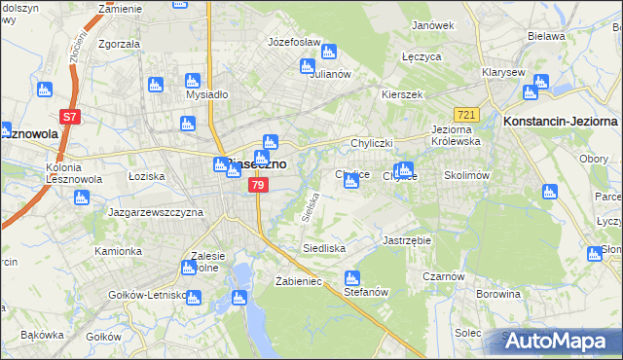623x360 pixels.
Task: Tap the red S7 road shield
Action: coord(69,118)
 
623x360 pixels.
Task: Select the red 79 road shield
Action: coord(257,184)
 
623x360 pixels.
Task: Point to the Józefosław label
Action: coord(294,43)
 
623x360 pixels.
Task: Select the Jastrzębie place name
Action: coord(407,239)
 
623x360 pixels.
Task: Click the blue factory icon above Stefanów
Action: coord(352,277)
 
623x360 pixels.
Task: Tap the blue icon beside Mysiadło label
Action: coord(192,82)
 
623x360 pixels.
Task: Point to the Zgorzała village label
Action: coord(120,44)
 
